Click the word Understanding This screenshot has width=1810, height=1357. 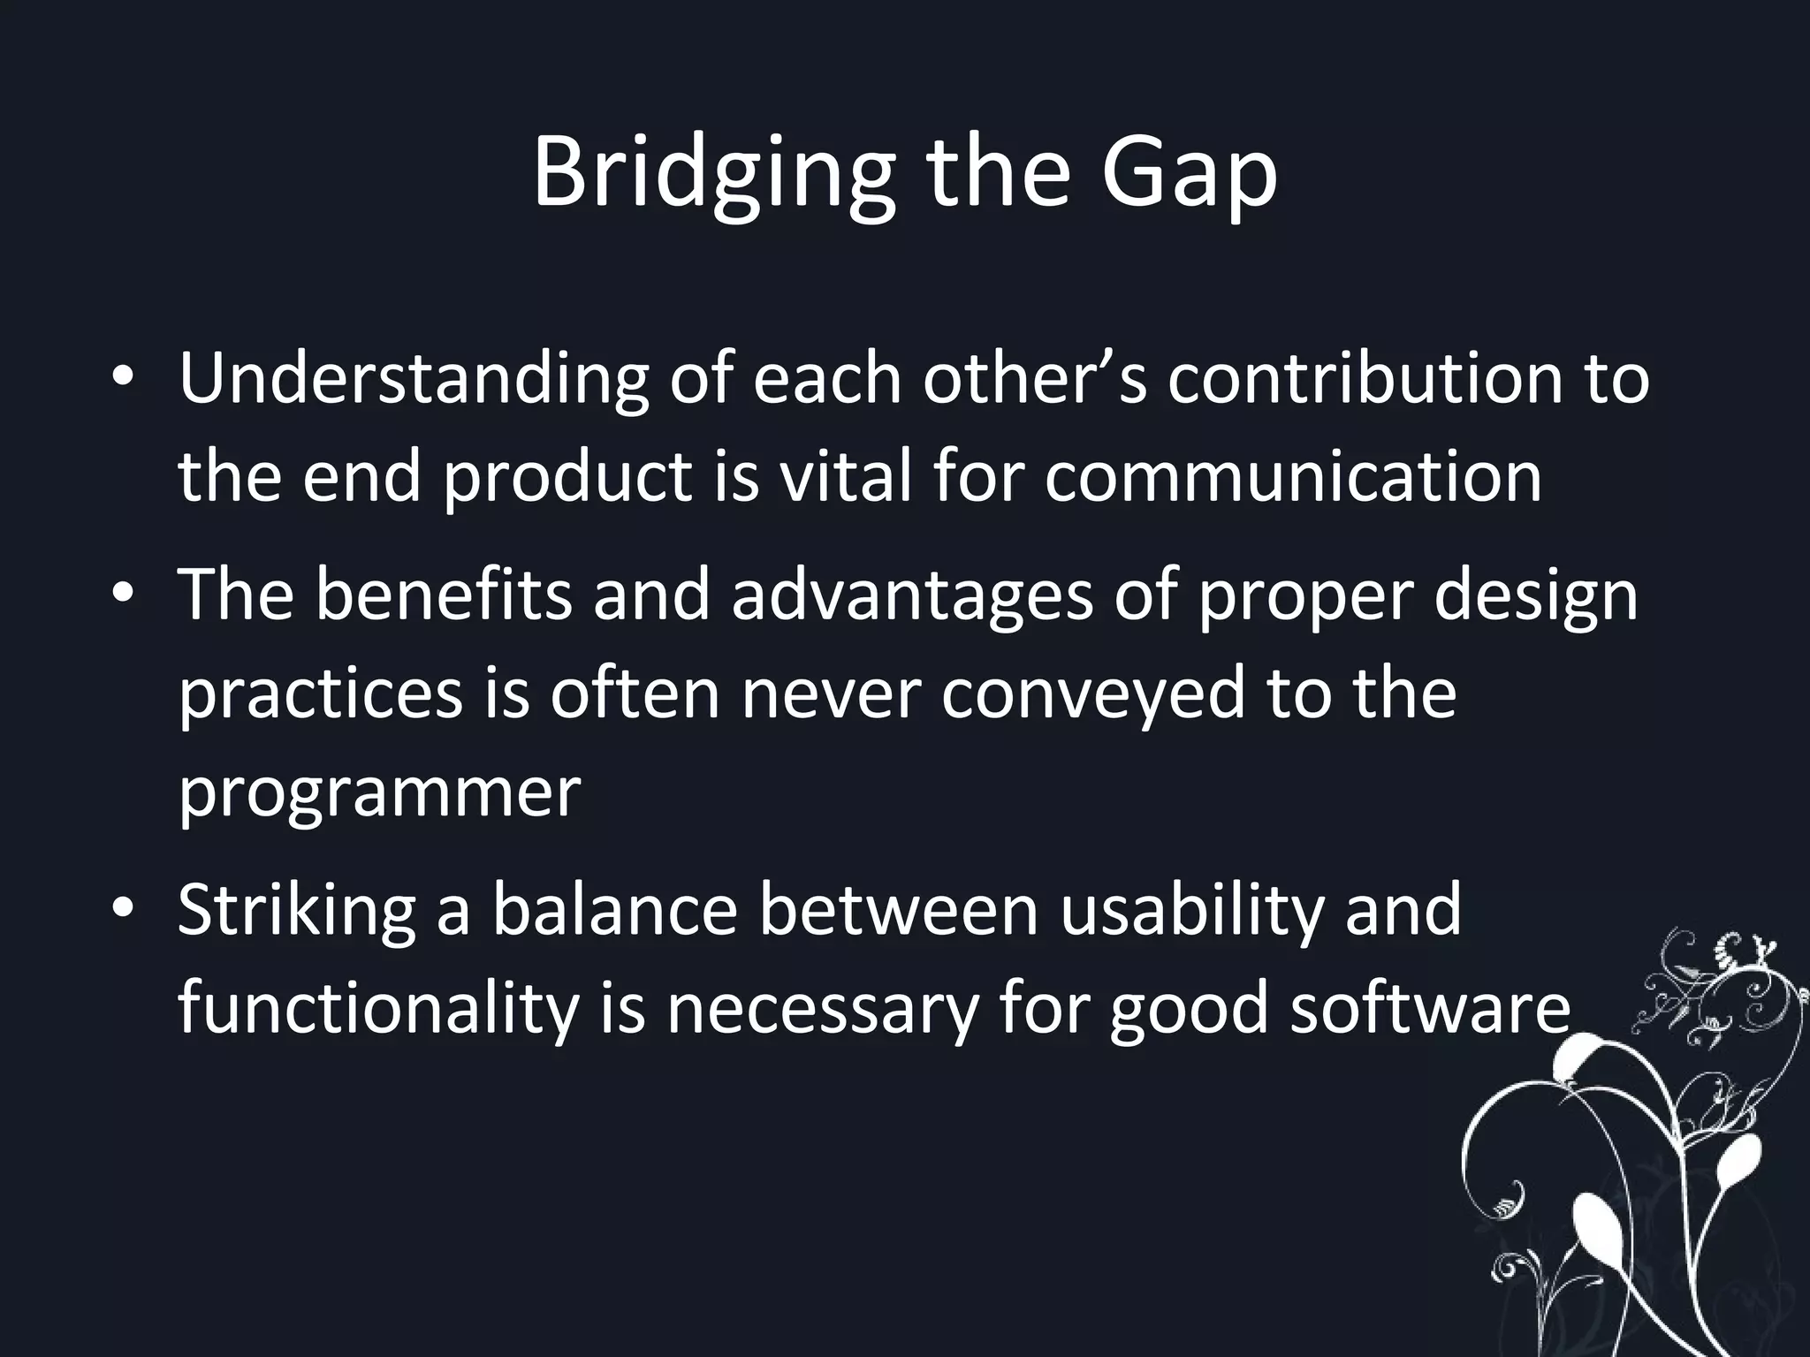[x=413, y=379]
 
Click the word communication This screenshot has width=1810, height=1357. [x=1294, y=477]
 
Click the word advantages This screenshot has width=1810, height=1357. [x=912, y=595]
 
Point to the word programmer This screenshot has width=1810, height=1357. [x=380, y=792]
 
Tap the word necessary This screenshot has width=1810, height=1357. [x=822, y=1009]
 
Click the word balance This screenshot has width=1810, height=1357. [x=615, y=910]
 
